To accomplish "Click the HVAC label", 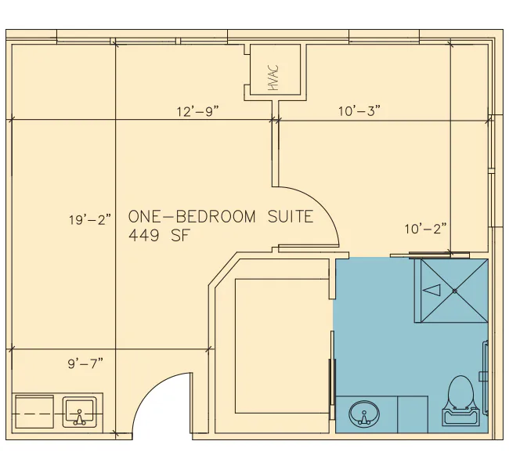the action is (x=273, y=78).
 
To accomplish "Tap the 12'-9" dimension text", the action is (x=198, y=111).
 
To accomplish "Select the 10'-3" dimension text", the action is (x=359, y=110).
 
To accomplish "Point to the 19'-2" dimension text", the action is (x=90, y=220).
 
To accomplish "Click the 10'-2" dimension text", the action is (x=425, y=229).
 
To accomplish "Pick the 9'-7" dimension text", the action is (x=85, y=363).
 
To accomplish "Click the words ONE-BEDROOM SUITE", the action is (x=221, y=217).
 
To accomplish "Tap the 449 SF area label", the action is (x=158, y=236).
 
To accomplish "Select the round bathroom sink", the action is (x=364, y=414).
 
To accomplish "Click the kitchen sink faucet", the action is (x=80, y=418).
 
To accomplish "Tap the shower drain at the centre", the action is (x=454, y=291).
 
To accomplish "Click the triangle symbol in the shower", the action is (x=432, y=290).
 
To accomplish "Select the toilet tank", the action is (x=460, y=417).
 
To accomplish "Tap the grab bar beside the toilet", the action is (x=485, y=378).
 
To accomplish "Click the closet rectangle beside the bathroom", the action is (x=282, y=346).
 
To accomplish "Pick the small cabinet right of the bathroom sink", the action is (x=412, y=414).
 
